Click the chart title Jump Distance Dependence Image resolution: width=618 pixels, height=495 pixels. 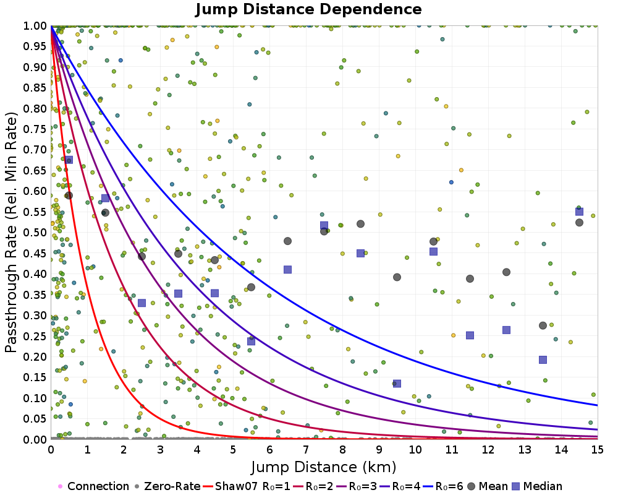[308, 9]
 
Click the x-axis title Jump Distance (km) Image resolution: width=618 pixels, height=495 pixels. [323, 466]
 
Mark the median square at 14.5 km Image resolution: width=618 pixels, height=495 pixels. [579, 212]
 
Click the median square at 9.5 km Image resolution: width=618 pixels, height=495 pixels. [397, 384]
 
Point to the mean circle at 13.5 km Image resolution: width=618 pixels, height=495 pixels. [543, 325]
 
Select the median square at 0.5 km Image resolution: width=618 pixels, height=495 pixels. [69, 160]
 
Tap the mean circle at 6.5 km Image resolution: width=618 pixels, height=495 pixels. [287, 241]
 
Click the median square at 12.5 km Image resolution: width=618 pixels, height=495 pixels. [506, 330]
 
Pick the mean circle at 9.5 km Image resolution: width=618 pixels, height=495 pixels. [397, 277]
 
